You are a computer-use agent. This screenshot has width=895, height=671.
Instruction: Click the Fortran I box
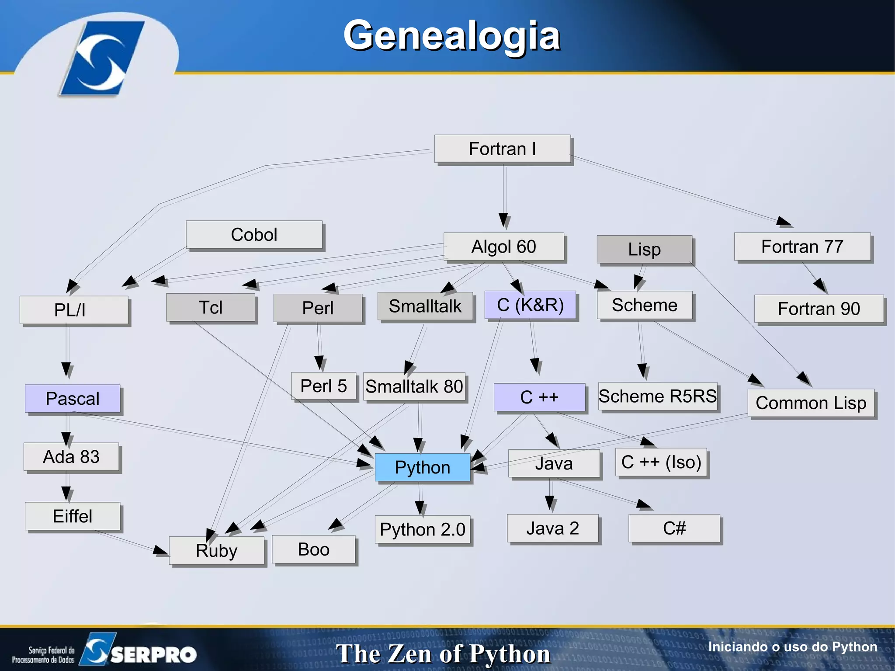click(x=502, y=149)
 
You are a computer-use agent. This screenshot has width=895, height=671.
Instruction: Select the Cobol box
click(x=254, y=235)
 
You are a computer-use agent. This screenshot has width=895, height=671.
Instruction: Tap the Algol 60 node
click(x=503, y=247)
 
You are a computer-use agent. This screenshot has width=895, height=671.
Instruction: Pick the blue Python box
click(x=422, y=467)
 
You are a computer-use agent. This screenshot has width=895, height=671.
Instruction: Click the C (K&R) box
click(x=530, y=305)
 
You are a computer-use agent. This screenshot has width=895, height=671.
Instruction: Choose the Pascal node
click(x=73, y=399)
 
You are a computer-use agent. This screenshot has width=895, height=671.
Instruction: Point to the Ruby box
click(x=216, y=550)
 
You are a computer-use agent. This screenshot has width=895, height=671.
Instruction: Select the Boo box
click(x=313, y=549)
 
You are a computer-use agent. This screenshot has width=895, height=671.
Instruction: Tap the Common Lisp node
click(x=811, y=403)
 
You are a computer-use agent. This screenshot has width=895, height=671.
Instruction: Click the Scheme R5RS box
click(x=657, y=396)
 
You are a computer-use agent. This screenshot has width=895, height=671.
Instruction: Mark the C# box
click(x=674, y=528)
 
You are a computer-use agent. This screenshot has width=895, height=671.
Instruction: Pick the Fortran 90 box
click(x=819, y=309)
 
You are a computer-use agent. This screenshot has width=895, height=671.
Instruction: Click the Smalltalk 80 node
click(x=414, y=386)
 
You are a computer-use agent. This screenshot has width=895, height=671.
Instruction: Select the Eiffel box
click(x=73, y=516)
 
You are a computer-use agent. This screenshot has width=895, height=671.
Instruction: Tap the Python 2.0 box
click(x=422, y=529)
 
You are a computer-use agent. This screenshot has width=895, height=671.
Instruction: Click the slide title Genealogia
click(x=451, y=36)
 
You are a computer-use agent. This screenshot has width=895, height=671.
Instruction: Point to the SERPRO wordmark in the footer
click(x=153, y=654)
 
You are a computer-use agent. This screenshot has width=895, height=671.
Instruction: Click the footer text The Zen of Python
click(x=443, y=654)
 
